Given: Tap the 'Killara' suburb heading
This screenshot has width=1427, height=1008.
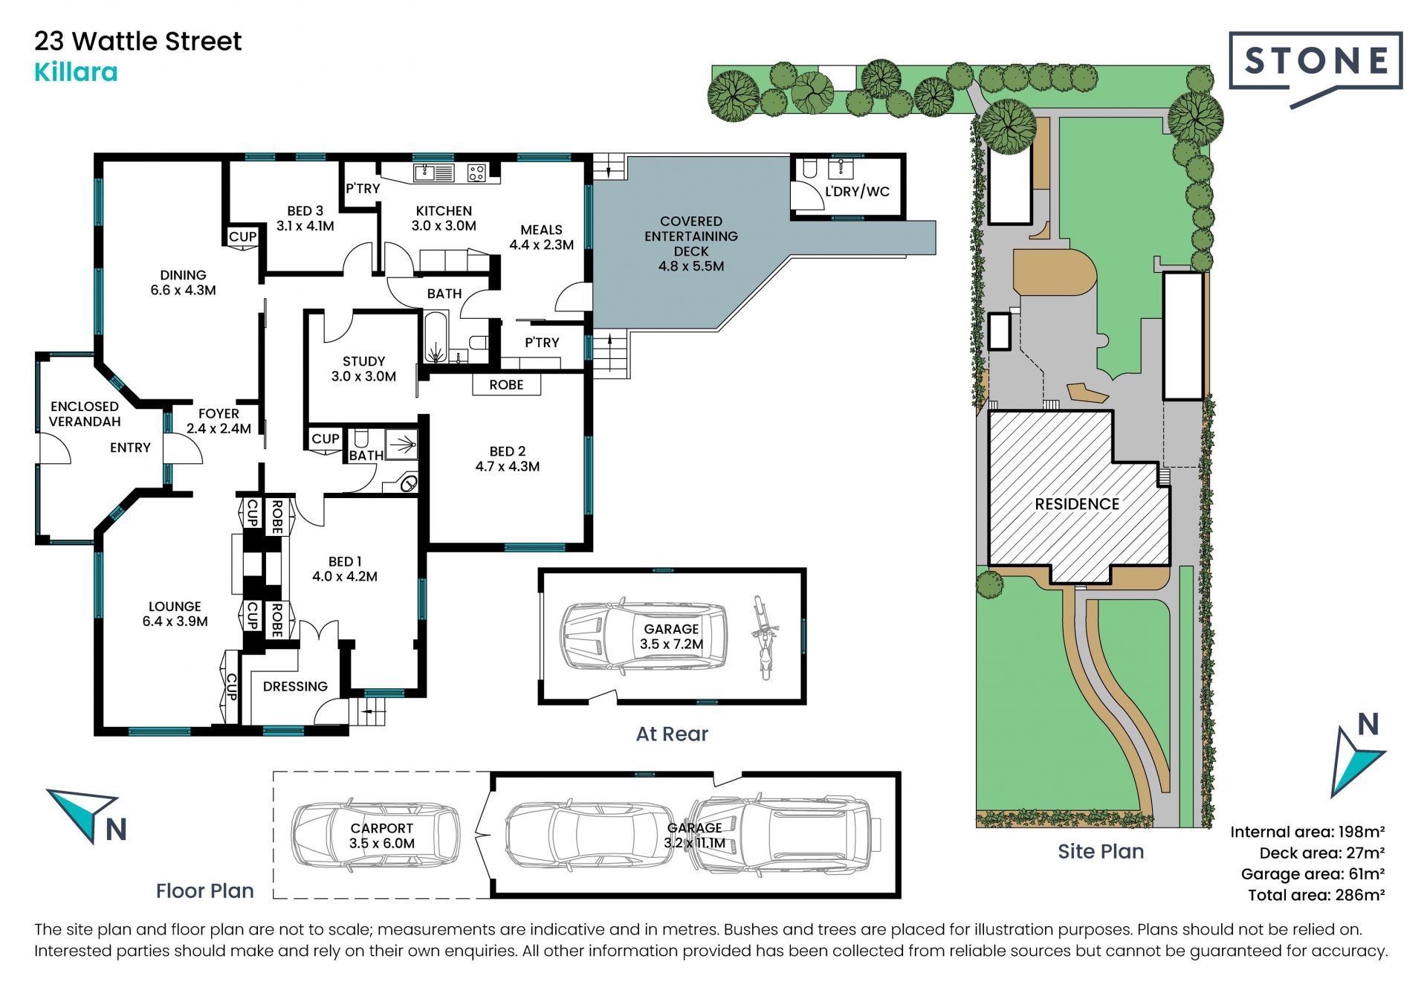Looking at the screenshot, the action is click(76, 72).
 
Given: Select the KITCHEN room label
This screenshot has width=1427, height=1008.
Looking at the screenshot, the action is click(444, 211).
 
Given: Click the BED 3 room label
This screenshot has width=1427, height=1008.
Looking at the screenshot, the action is click(305, 211).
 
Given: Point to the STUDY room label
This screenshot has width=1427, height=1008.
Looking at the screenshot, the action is click(363, 361).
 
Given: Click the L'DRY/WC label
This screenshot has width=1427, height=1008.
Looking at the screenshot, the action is click(857, 192).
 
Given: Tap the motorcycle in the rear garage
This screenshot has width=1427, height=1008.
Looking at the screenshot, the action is click(763, 637).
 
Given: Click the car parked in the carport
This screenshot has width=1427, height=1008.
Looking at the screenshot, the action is click(375, 835).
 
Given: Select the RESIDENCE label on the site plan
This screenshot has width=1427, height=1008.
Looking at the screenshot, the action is click(1077, 504).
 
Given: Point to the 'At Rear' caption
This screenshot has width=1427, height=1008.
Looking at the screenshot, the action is click(672, 734).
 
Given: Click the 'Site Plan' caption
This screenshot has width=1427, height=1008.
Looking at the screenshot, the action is click(1101, 851).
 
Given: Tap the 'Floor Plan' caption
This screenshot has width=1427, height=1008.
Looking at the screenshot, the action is click(204, 891).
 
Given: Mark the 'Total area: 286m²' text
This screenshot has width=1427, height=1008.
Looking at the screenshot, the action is click(1316, 895).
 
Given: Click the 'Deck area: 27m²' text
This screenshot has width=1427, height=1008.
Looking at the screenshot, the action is click(1321, 853).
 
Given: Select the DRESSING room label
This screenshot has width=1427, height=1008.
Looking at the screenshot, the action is click(295, 687).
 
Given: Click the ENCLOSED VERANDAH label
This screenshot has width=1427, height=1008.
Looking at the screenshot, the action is click(85, 414).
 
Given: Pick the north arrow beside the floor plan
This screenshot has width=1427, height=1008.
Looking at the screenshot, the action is click(88, 816).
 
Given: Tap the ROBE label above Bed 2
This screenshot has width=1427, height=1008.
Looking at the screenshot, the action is click(506, 385).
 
